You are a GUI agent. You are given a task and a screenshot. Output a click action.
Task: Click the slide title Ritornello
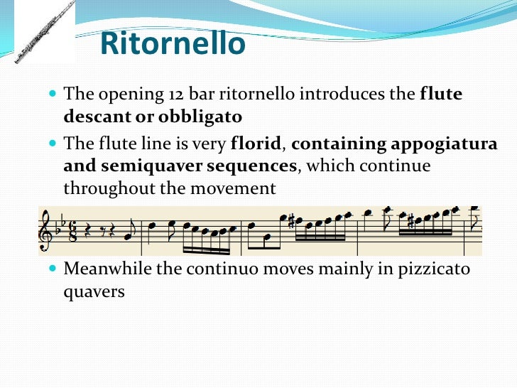(173, 44)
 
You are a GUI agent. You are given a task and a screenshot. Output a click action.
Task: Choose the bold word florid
(256, 144)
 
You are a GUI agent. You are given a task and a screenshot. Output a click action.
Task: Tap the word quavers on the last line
(94, 291)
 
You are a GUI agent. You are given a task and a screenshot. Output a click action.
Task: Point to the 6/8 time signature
(72, 230)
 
